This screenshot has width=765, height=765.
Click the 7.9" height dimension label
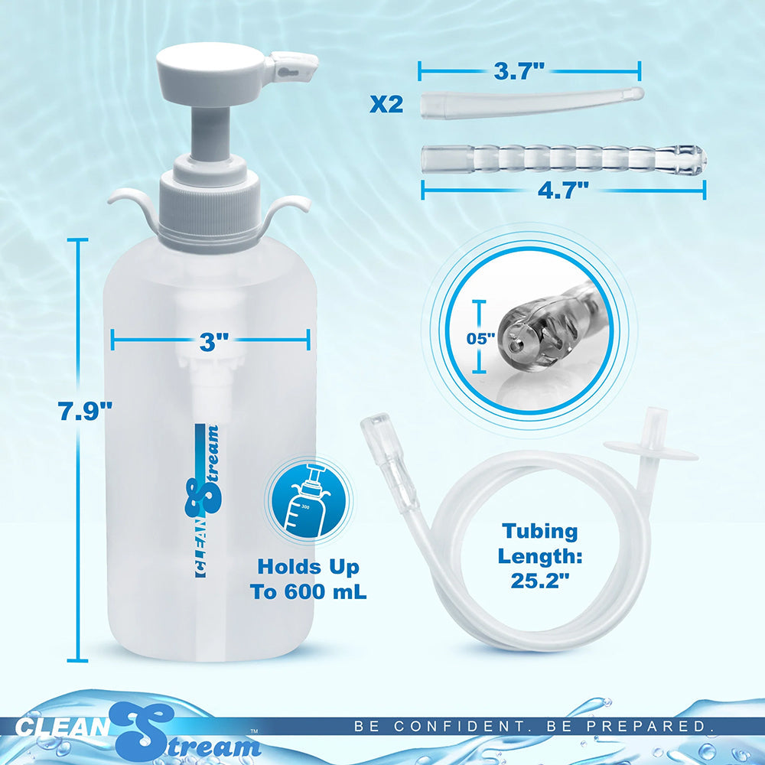click(x=85, y=412)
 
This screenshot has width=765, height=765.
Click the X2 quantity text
click(x=386, y=104)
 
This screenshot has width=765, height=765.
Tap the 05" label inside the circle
click(x=481, y=337)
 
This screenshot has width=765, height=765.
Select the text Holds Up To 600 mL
click(x=308, y=579)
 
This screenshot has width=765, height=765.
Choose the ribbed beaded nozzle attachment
click(x=562, y=158)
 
